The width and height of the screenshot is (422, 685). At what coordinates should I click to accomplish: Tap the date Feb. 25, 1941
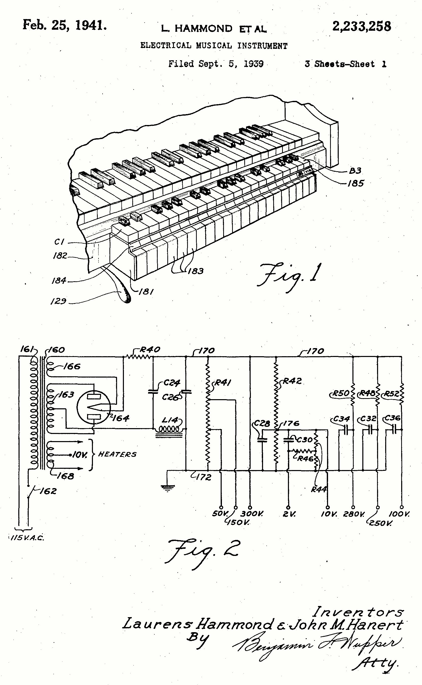click(x=64, y=25)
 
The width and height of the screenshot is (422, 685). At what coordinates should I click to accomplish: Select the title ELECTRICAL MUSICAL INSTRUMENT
click(x=214, y=45)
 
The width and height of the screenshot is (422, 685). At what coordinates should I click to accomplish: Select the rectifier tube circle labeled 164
click(x=94, y=408)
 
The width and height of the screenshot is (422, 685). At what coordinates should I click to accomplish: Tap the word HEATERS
click(x=117, y=455)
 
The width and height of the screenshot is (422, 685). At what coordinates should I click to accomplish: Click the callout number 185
click(x=355, y=183)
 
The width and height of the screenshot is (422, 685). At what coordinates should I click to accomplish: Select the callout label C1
click(x=59, y=242)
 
